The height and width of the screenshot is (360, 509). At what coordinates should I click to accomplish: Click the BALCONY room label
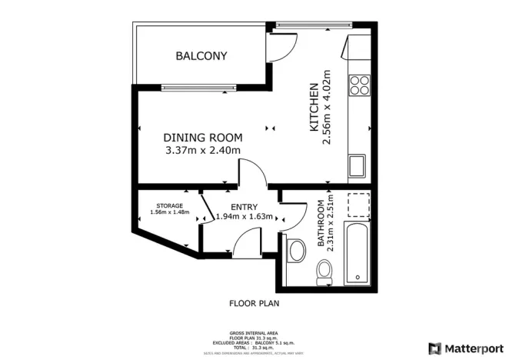pos(201,56)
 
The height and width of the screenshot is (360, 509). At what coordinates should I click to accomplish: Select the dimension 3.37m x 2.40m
pos(203,150)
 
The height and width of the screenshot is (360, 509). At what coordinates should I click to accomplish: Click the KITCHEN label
pos(314,108)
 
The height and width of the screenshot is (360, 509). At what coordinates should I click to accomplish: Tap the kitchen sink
pos(358,165)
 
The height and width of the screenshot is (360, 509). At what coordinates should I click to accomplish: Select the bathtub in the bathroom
pos(358,252)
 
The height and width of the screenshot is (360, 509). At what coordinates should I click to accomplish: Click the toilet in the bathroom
pos(324,270)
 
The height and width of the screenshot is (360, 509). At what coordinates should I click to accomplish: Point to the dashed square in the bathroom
pos(358,205)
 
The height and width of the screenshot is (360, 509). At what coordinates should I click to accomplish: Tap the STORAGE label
pos(169,205)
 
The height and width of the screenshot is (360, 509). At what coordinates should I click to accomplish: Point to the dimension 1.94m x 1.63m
pos(245,217)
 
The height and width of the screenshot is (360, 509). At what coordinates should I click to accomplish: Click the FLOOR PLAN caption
pos(254,303)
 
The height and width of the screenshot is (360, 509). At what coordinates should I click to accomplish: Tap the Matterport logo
pos(466,348)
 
